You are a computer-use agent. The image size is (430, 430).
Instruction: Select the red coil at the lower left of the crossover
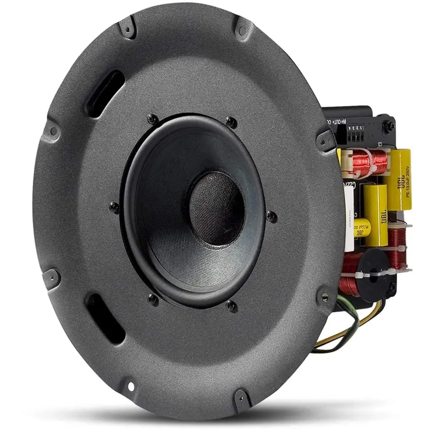[x=349, y=279]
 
